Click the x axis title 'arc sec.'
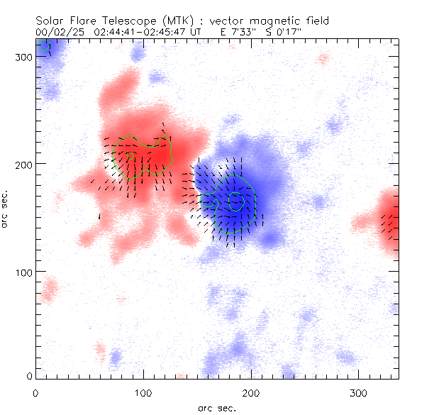[217, 407]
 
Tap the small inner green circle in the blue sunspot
[236, 203]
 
